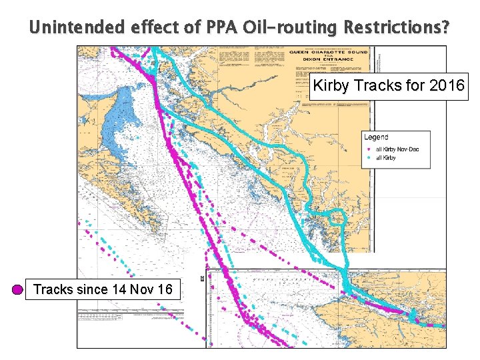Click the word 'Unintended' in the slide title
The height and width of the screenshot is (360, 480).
tap(67, 28)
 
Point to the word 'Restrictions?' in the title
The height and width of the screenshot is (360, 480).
tap(397, 28)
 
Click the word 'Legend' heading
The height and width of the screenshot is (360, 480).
tap(376, 137)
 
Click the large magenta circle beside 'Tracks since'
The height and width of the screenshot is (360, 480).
tap(18, 290)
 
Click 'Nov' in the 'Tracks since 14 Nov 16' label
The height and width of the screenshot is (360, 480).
tap(143, 289)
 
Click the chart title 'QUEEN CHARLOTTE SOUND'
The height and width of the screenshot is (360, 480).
tap(328, 52)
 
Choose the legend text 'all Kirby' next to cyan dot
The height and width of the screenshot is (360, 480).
tap(387, 158)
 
